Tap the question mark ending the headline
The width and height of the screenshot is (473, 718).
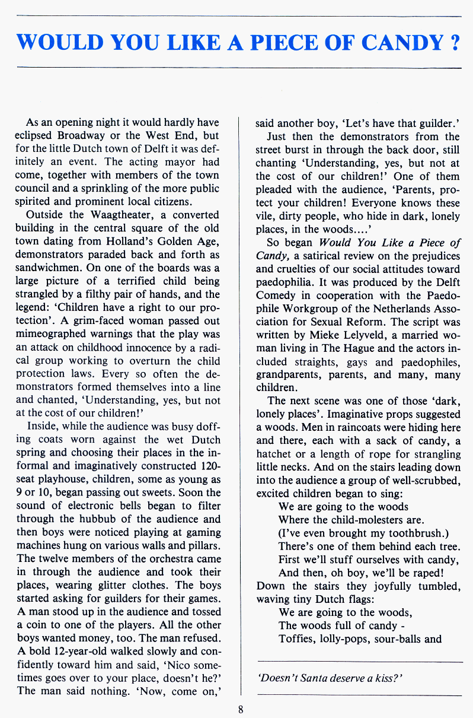click(454, 43)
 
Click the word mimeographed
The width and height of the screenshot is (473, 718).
click(53, 334)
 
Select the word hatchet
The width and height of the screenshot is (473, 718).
click(276, 454)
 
